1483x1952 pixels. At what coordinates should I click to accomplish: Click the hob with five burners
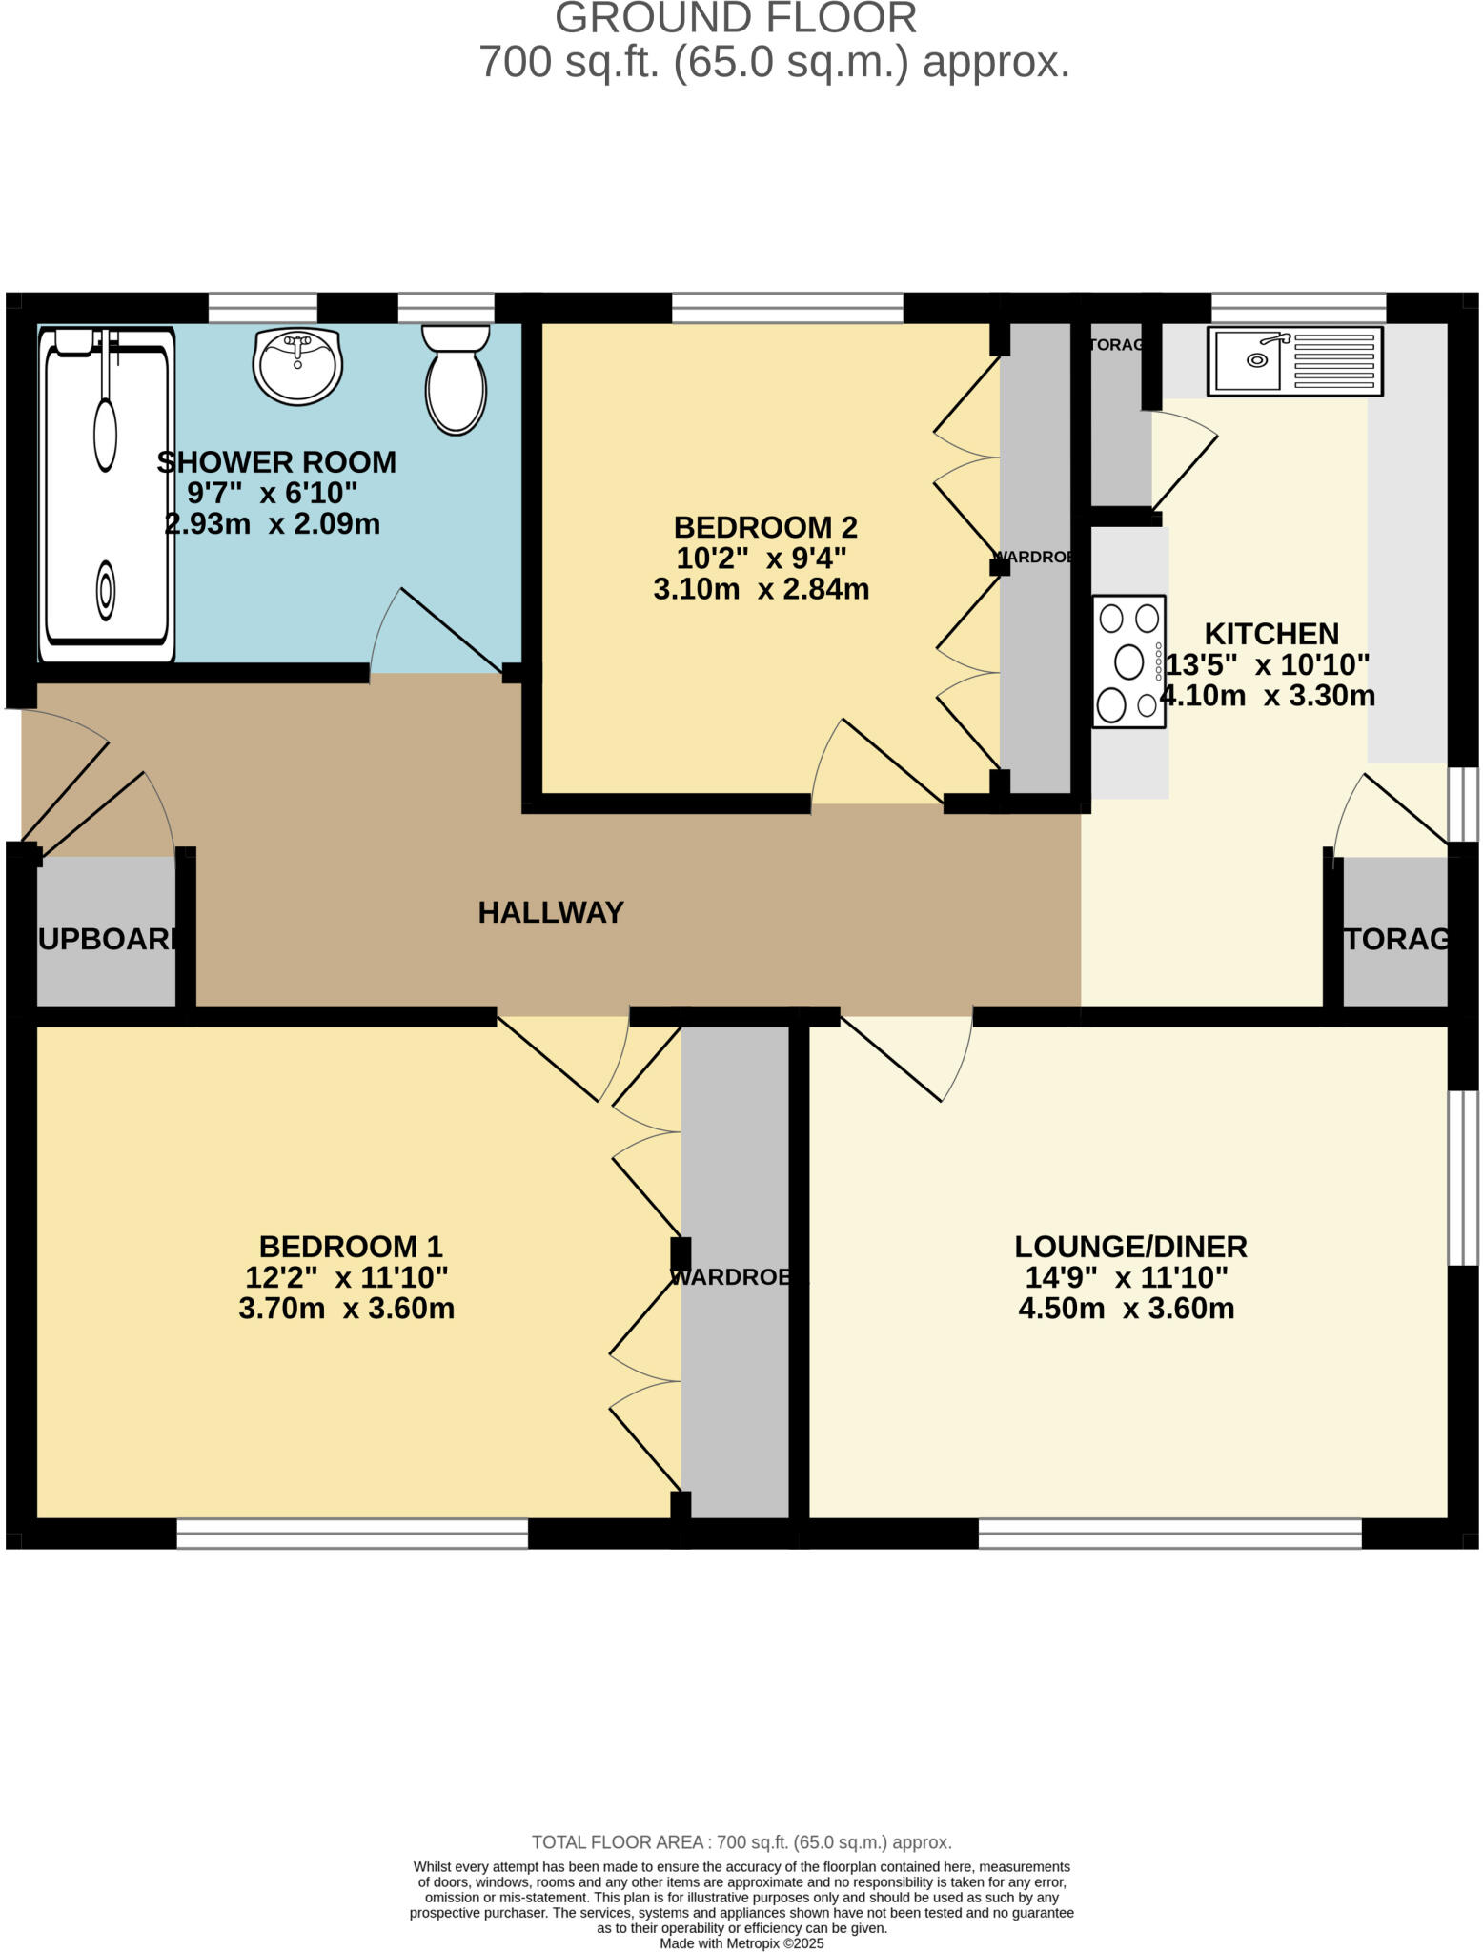pos(1128,661)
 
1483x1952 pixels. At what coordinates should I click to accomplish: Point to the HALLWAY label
pos(551,912)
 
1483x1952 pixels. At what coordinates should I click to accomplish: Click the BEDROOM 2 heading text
pos(764,527)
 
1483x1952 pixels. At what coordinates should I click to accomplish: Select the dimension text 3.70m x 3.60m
pos(346,1308)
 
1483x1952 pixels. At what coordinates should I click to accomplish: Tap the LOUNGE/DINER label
pos(1130,1246)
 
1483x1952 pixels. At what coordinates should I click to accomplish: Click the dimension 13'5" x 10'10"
pos(1268,664)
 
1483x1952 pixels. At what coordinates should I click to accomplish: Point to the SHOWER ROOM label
pos(276,462)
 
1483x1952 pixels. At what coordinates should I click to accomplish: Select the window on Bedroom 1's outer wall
pos(352,1533)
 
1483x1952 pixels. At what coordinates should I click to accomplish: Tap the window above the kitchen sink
pos(1298,307)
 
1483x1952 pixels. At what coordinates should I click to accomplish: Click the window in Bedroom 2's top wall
pos(787,307)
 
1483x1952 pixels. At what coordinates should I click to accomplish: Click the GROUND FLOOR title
pos(736,19)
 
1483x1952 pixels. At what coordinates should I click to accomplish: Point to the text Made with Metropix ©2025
pos(741,1943)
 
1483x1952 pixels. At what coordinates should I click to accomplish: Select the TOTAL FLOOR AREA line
pos(741,1842)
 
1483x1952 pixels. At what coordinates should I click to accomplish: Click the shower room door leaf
pos(452,630)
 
